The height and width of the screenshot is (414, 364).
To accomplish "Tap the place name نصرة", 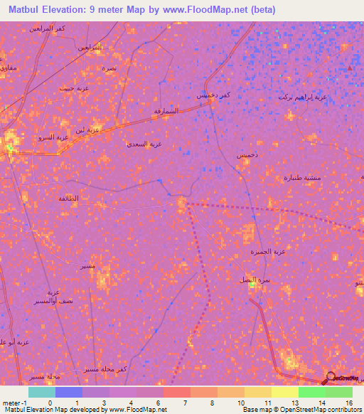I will [109, 68].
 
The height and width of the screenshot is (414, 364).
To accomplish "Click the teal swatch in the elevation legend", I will [42, 392].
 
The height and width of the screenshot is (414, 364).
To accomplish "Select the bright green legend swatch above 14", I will [311, 392].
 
